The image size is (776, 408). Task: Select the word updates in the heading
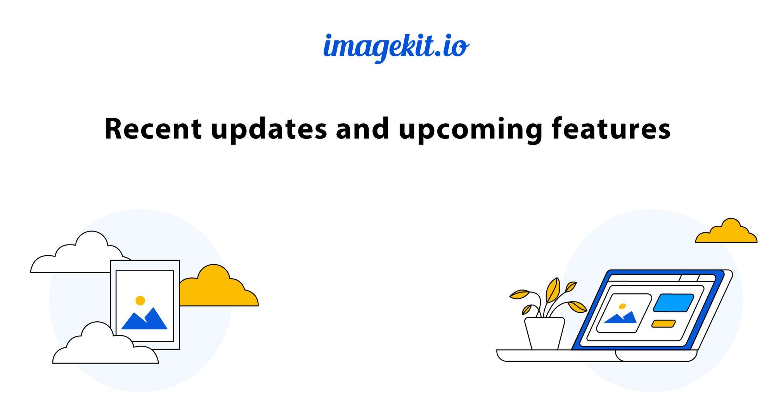coord(269,130)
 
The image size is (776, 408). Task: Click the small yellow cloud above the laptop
coord(726,231)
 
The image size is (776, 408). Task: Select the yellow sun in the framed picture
coord(140,300)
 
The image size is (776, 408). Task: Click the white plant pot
coord(544,333)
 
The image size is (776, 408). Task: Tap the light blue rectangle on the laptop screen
coord(673,303)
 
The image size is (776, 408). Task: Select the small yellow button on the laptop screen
coord(663,324)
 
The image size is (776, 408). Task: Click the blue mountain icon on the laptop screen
coord(621,317)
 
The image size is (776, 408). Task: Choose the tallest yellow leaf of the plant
coord(553,290)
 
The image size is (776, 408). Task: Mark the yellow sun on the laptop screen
coord(622,306)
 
